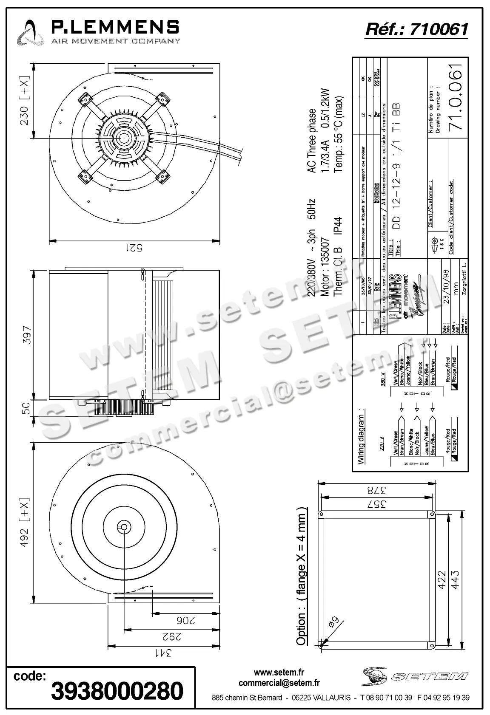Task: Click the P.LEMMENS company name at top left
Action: click(x=115, y=28)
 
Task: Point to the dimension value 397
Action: click(x=26, y=335)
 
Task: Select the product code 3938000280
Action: click(x=117, y=690)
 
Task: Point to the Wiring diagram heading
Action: click(x=361, y=436)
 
